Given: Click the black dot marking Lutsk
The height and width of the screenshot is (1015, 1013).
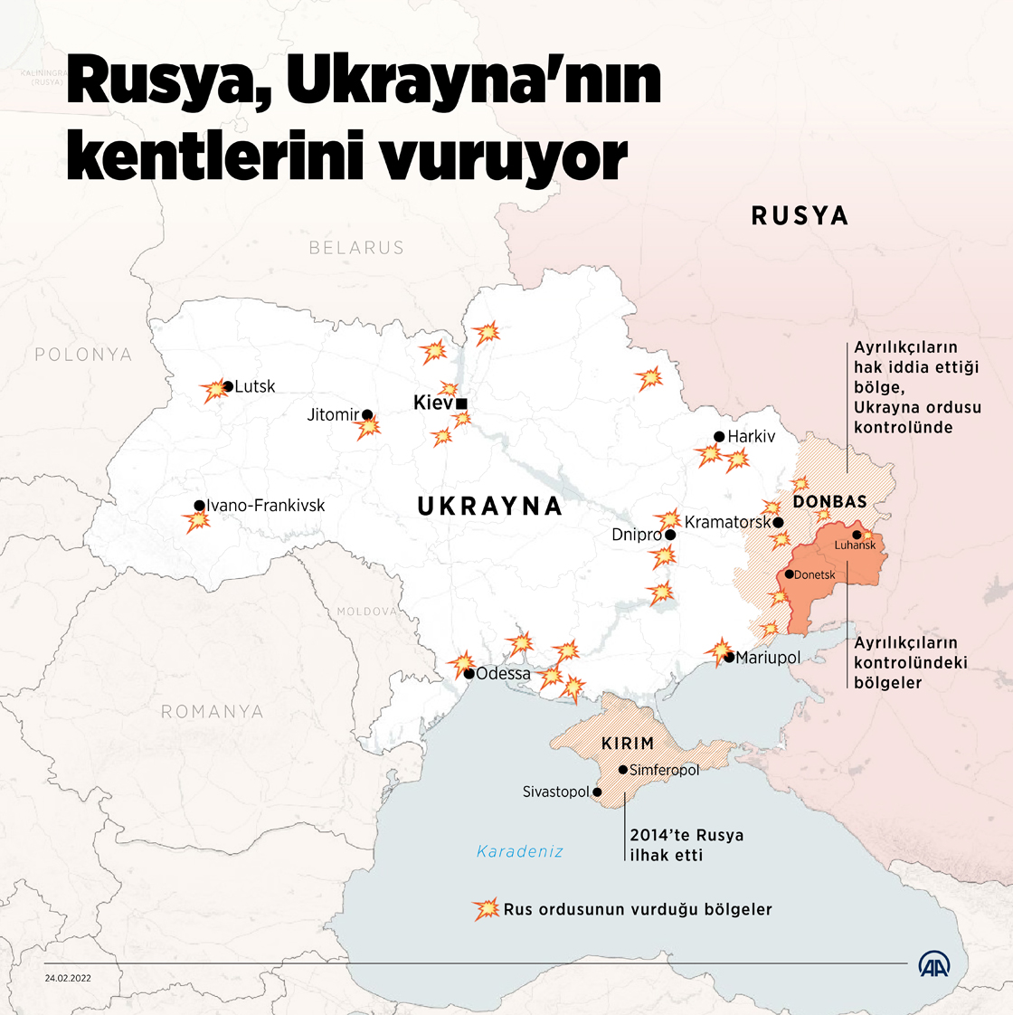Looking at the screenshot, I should tap(228, 386).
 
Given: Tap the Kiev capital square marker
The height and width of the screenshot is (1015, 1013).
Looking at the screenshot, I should tap(461, 403).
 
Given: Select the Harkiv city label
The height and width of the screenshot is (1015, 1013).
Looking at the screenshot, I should tap(752, 436).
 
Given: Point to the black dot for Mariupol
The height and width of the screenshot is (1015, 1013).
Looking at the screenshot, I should tap(729, 658).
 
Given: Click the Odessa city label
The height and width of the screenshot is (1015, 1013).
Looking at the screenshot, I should tap(504, 674).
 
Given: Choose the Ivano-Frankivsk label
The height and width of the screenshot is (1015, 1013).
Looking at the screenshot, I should tap(266, 506).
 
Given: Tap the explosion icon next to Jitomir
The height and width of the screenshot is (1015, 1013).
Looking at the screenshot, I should tap(368, 428).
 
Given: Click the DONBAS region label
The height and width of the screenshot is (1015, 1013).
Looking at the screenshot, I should tap(829, 501).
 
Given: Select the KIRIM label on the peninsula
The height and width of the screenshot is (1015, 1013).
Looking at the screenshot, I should tap(628, 744).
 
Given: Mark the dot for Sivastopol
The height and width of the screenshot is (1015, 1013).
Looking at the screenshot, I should tap(597, 792).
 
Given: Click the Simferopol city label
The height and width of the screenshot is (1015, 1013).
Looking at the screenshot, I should tap(665, 770).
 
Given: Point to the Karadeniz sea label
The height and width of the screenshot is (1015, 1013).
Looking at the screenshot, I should tap(520, 851).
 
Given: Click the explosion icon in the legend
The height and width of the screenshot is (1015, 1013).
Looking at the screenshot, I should tap(486, 909).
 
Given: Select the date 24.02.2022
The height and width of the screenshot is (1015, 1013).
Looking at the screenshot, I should tap(68, 977).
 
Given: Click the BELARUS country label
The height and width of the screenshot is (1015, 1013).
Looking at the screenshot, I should tap(356, 248).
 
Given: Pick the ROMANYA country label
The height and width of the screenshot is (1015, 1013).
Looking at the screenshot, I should tap(213, 712).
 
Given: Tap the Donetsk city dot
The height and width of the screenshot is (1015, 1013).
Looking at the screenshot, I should tap(789, 574).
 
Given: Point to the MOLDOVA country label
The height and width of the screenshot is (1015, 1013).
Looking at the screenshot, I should tap(367, 612).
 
